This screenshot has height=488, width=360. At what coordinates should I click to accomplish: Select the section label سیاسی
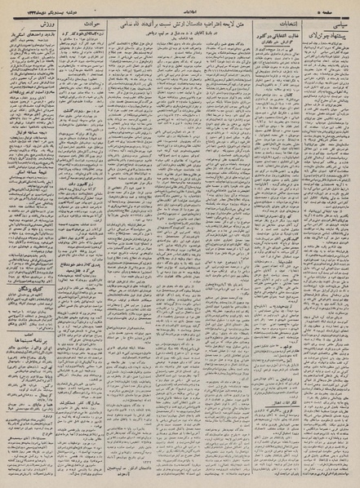[338, 25]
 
